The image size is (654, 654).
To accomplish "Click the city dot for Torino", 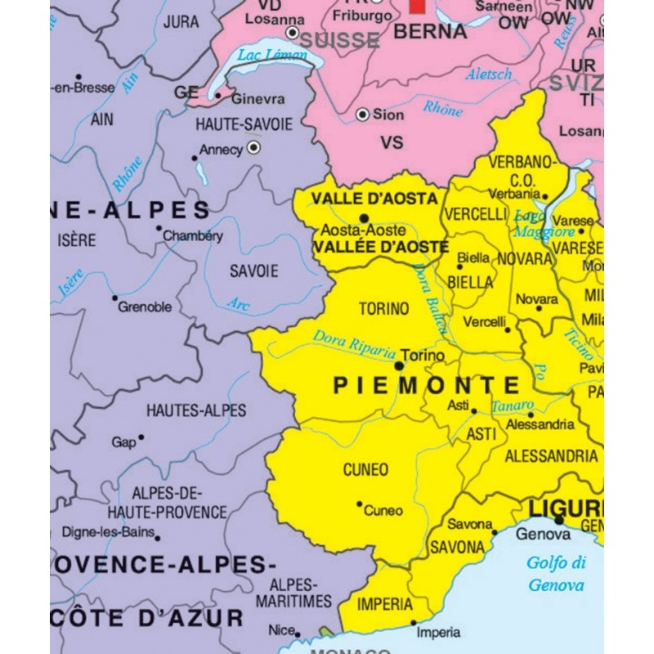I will coord(399,366).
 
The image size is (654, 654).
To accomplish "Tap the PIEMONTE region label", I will coord(426,385).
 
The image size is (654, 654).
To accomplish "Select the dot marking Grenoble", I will coord(114,298).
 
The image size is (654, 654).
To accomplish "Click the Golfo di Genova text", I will coord(556,573).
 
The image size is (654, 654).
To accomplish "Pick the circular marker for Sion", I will coord(362,115).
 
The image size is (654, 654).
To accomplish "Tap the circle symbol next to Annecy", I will coord(253,148).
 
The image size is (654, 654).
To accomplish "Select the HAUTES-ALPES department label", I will coord(196,410).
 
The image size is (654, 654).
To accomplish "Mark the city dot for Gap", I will coord(141,437).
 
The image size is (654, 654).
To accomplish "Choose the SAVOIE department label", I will coord(253,271).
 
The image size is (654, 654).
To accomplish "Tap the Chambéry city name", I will coord(193,235).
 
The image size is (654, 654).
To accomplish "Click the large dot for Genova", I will coord(559,520).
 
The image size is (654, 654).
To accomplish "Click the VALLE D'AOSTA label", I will coord(374,199).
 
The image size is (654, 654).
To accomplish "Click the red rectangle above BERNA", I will coord(418,6).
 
